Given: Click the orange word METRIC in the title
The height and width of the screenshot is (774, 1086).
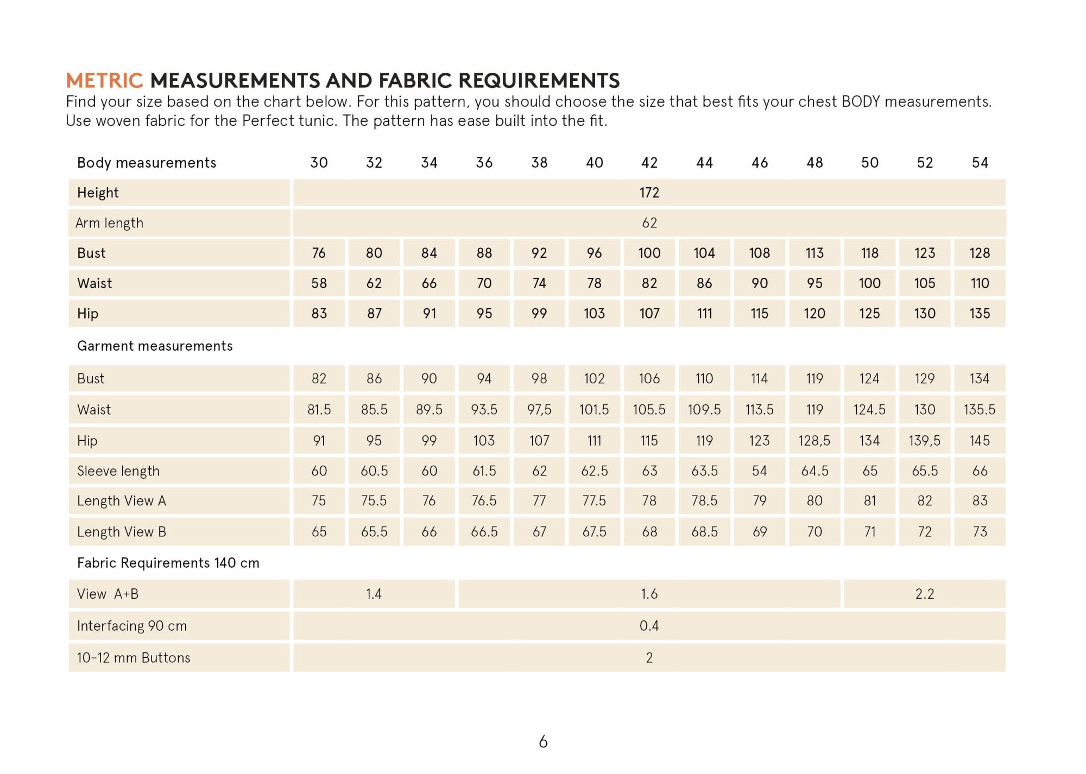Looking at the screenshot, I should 104,80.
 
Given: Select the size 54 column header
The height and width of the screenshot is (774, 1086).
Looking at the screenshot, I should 980,162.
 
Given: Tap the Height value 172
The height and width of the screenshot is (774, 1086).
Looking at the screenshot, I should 649,193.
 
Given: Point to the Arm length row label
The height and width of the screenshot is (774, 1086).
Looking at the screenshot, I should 109,223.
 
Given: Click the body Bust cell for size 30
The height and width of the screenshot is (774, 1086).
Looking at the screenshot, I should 319,253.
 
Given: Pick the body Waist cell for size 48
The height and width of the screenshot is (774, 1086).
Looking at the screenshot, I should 815,283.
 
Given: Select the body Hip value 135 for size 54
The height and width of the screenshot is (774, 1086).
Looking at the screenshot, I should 980,313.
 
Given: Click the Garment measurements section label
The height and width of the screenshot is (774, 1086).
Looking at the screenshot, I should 155,346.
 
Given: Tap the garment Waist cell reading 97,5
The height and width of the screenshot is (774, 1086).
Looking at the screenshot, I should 539,409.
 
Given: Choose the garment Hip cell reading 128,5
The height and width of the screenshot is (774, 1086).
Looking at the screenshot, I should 814,440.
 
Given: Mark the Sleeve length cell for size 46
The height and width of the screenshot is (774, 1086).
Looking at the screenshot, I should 759,471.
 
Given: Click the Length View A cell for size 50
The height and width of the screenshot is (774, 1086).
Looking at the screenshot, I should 869,500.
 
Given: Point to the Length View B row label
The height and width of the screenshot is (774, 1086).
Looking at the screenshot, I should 121,532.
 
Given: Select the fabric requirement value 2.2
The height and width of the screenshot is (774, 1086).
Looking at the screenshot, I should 924,594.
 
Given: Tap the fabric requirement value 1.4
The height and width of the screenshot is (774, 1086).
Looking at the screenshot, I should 374,594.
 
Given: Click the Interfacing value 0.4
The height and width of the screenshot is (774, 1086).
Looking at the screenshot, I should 649,626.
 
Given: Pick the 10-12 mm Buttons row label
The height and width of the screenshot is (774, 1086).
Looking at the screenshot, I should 134,658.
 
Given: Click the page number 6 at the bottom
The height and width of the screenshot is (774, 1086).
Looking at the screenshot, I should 543,741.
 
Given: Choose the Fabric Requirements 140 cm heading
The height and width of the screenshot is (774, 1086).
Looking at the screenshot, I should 168,563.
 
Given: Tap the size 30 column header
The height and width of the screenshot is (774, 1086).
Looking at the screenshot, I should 319,162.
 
